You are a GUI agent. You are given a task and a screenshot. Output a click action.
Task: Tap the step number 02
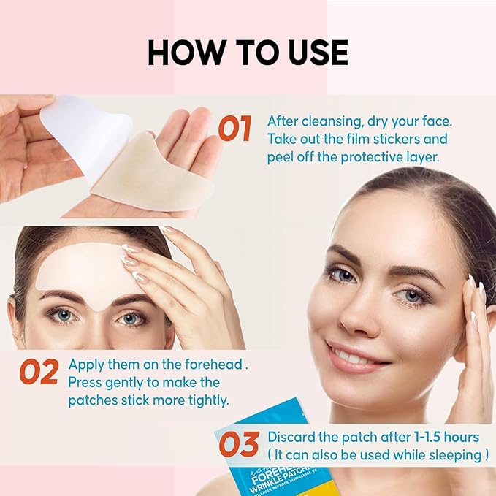pos(39,371)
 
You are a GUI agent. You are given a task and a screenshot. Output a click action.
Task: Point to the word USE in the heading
pos(313,53)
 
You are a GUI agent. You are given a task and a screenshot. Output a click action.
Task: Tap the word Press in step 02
pos(84,382)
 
